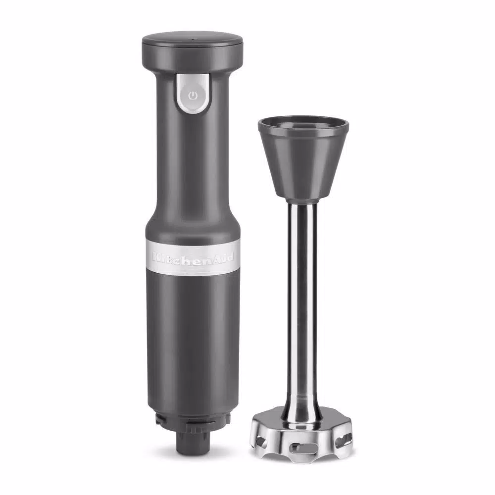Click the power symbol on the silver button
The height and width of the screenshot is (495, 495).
pyautogui.click(x=193, y=96)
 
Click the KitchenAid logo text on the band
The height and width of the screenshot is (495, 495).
pyautogui.click(x=193, y=258)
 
